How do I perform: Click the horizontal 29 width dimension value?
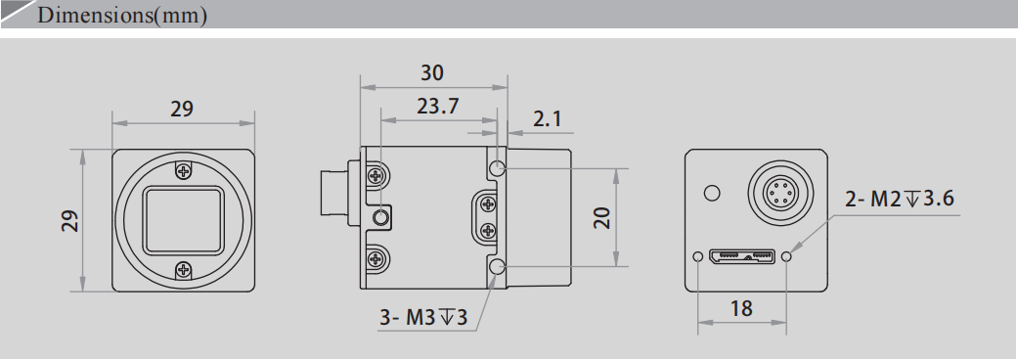[x=182, y=110]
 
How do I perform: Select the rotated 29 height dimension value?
[x=69, y=219]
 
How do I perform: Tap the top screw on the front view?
[x=184, y=171]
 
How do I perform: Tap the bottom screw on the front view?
[x=184, y=270]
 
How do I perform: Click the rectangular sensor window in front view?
[x=184, y=220]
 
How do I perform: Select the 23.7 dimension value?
[x=438, y=106]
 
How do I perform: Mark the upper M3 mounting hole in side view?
[x=498, y=168]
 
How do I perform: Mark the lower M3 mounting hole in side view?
[x=498, y=267]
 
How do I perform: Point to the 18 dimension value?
[x=742, y=308]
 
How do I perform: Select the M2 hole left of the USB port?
[x=696, y=257]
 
